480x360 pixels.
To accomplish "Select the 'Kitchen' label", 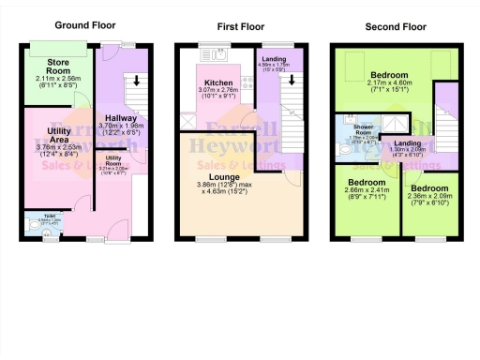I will [218, 82].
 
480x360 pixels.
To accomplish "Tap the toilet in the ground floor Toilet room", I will [35, 225].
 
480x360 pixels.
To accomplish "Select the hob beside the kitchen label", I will [246, 82].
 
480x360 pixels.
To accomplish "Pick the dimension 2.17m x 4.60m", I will [388, 83].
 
